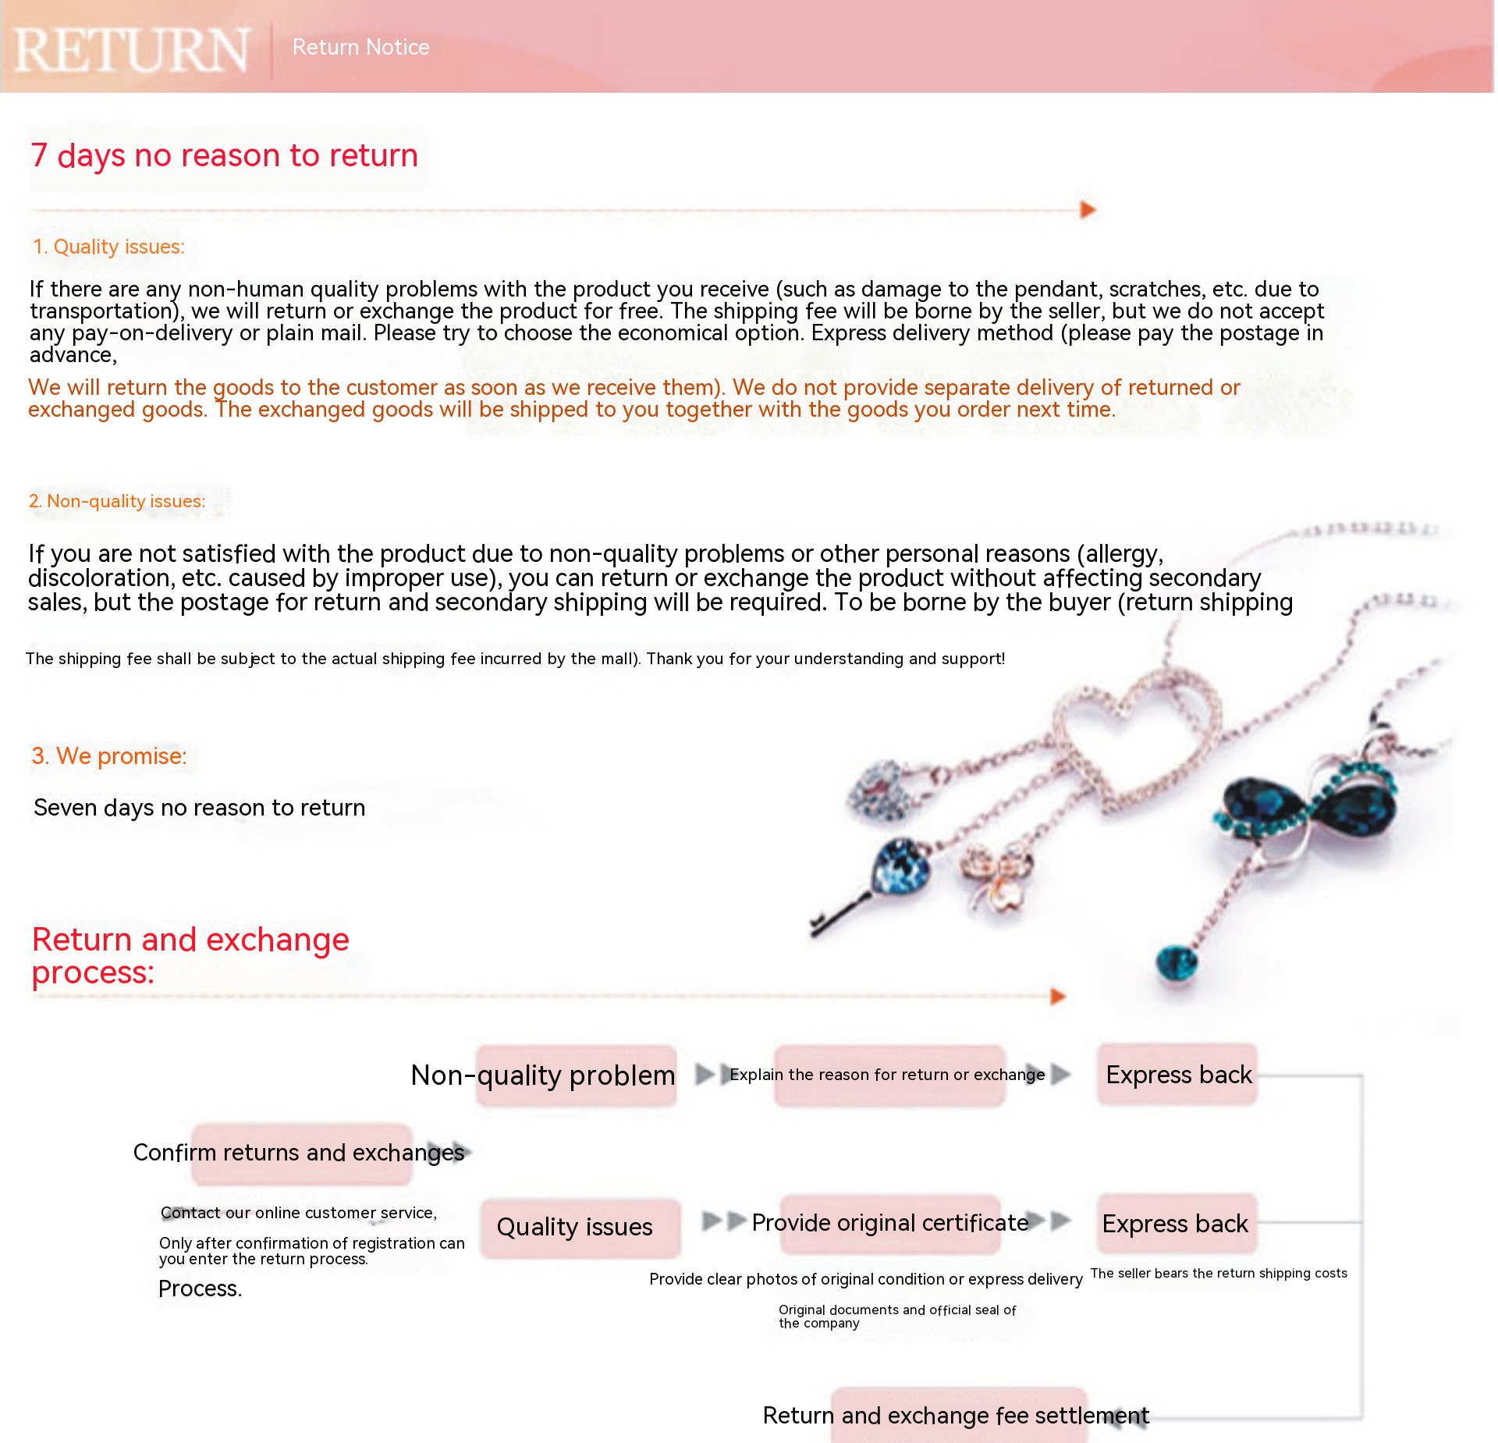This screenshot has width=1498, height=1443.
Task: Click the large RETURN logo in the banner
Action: [132, 50]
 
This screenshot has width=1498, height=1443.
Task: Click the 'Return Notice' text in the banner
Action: [360, 47]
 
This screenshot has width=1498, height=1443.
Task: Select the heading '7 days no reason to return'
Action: [225, 155]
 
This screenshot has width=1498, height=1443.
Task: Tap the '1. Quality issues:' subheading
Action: [108, 247]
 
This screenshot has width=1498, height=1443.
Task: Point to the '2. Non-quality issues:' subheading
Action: [117, 501]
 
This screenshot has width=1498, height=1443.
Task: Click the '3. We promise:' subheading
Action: [109, 755]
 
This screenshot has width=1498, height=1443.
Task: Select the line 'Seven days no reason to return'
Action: [200, 807]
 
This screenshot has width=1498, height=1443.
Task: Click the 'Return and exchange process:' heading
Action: [190, 955]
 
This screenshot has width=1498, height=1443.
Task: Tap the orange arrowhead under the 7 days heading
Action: [1088, 210]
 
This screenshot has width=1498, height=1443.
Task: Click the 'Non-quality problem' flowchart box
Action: [576, 1075]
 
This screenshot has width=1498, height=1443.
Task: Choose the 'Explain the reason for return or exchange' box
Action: [889, 1075]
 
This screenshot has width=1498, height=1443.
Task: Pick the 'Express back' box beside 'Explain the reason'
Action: [1178, 1075]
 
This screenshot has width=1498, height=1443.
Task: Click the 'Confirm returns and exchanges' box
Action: [301, 1153]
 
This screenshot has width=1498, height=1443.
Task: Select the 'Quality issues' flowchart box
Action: [579, 1227]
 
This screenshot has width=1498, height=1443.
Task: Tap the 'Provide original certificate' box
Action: [890, 1223]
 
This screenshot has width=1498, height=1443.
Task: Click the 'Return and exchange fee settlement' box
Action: [958, 1415]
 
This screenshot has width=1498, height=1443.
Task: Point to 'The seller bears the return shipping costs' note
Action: [1219, 1273]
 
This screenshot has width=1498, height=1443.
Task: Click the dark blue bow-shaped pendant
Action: [1311, 804]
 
